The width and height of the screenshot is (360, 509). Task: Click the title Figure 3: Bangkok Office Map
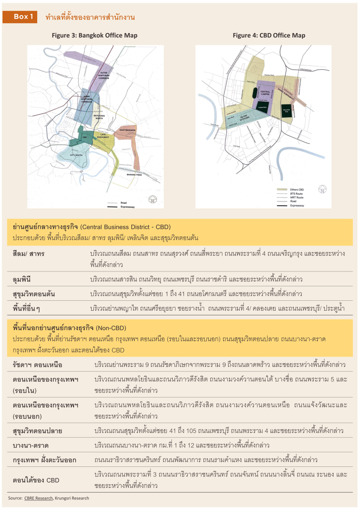tap(95, 36)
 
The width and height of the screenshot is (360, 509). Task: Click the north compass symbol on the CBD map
tap(322, 190)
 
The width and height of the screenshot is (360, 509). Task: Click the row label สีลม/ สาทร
tap(29, 253)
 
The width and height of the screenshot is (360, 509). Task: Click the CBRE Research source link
tap(38, 498)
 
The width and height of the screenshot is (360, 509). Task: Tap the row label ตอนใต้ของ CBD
tap(36, 480)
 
